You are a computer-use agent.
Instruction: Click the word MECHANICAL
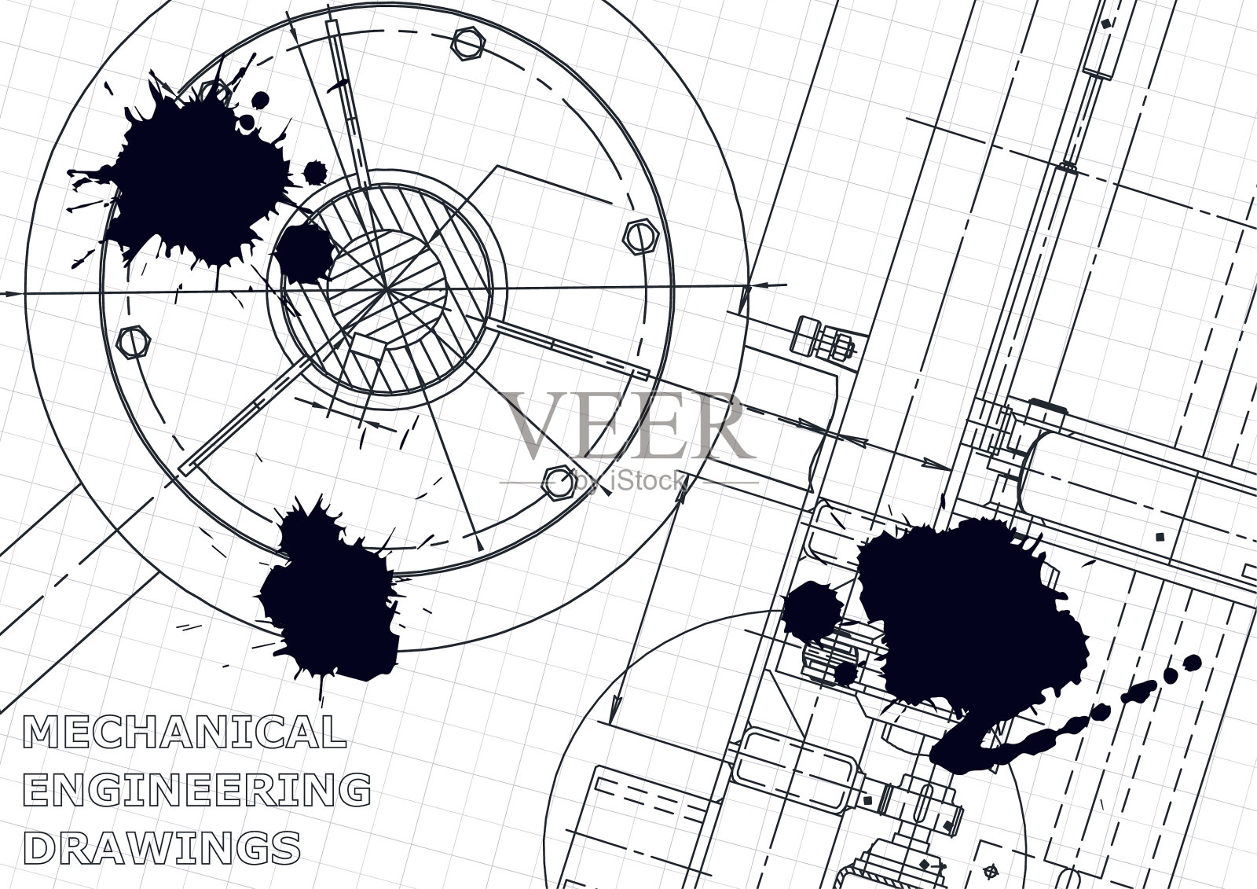coord(185,731)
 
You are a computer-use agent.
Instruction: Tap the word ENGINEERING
coord(197,789)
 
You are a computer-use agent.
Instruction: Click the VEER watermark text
coord(628,424)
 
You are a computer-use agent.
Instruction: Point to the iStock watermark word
coord(645,481)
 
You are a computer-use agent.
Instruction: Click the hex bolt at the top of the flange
coord(468,42)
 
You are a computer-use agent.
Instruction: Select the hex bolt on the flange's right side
coord(641,237)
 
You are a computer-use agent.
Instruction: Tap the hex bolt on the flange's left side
coord(133,342)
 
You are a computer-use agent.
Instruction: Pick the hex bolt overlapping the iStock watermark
coord(559,482)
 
